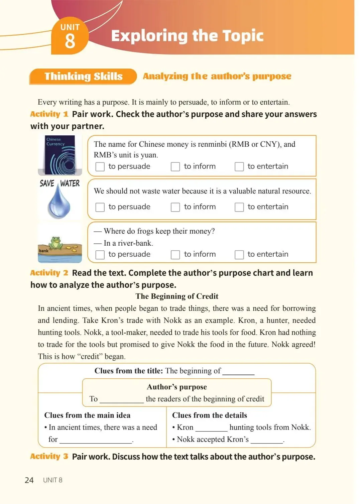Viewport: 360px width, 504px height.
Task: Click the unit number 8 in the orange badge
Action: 70,41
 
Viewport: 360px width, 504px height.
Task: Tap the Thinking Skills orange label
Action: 83,77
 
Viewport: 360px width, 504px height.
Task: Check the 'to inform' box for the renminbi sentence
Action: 175,166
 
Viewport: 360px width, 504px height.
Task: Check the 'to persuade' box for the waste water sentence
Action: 100,207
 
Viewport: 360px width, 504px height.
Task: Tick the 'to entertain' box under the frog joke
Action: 239,255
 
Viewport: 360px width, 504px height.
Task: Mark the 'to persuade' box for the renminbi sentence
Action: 100,166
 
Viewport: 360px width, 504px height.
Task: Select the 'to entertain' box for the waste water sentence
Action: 239,207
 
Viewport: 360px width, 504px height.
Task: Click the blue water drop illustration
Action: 59,202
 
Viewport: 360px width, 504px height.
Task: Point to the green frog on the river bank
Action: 55,243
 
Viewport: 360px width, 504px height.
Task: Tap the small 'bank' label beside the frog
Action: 43,251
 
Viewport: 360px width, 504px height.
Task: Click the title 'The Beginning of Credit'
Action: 177,296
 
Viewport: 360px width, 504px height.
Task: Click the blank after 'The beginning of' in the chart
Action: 238,372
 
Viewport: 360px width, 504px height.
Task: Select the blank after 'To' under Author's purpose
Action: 122,400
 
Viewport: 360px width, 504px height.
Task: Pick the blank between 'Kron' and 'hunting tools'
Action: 211,428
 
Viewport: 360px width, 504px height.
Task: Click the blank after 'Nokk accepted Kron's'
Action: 267,440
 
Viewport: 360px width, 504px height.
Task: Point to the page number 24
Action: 29,480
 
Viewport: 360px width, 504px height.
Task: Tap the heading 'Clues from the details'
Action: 209,415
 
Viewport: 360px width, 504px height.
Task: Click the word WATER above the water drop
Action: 70,183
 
